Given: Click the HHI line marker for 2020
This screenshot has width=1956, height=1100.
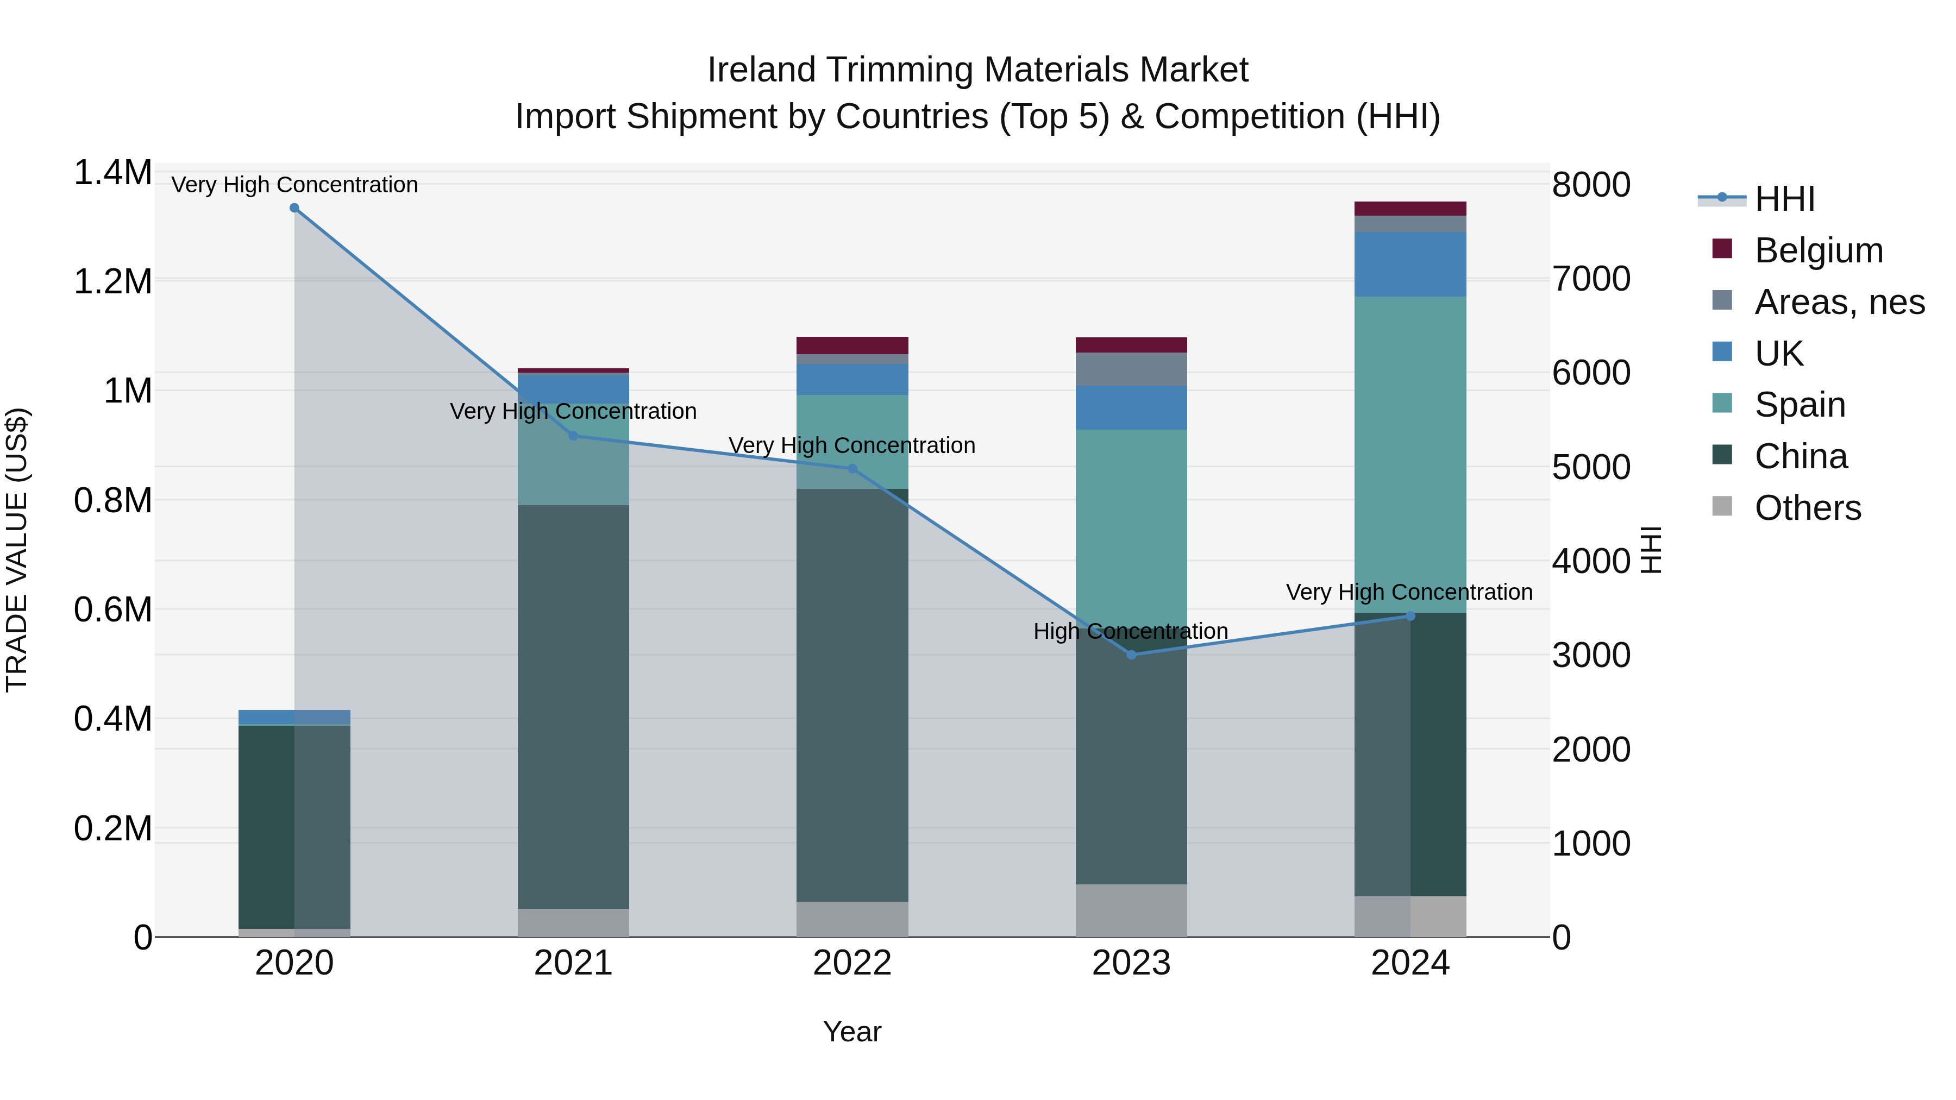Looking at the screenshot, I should [x=294, y=208].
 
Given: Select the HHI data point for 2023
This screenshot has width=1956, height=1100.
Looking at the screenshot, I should [x=1131, y=655].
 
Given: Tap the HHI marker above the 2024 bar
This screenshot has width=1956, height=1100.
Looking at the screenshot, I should [x=1411, y=617].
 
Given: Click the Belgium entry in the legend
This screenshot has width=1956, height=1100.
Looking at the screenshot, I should [x=1818, y=250].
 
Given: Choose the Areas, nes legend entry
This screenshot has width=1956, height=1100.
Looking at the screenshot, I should [x=1839, y=302].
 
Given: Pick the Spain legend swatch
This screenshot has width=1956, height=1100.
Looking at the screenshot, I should [x=1723, y=404].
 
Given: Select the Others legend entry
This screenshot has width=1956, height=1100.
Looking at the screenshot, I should [x=1807, y=508].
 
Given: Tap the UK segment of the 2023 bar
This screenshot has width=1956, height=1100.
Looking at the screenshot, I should [x=1131, y=407].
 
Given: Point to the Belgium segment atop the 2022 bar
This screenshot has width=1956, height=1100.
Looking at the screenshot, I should [x=852, y=345].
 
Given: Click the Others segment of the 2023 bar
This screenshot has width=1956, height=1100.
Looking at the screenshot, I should [x=1131, y=910].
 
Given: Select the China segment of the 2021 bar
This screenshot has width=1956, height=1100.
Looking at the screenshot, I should [x=573, y=706].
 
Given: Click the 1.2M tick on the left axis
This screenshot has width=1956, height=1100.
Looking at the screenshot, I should [x=112, y=281].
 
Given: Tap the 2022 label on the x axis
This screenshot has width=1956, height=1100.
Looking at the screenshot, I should [x=852, y=963].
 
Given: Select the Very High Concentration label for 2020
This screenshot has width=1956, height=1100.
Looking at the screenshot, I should [x=294, y=185].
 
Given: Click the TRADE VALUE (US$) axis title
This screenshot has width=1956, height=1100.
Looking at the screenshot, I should [x=17, y=550].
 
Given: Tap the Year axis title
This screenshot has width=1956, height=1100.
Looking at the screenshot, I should [x=852, y=1032].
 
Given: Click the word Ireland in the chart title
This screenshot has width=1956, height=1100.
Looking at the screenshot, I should [x=762, y=70].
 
